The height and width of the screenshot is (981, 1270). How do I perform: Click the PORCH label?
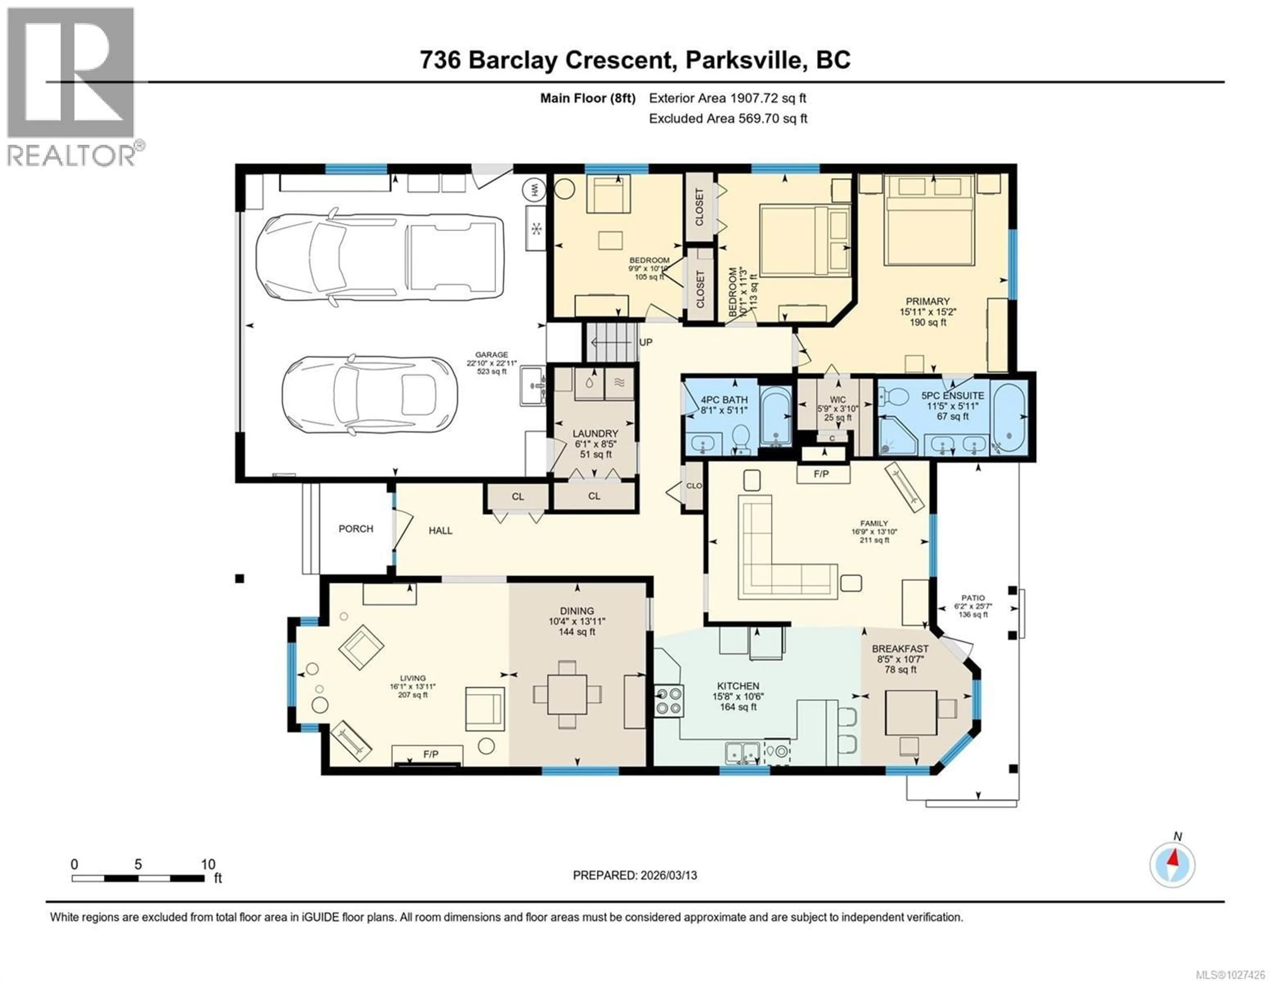356,529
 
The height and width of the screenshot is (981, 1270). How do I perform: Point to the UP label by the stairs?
646,343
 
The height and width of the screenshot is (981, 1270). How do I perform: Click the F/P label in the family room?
821,474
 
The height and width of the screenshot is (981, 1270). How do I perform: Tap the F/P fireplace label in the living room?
430,754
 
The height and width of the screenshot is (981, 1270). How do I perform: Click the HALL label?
440,530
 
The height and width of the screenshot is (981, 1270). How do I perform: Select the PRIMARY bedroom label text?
927,301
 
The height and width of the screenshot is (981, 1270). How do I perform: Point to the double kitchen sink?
742,753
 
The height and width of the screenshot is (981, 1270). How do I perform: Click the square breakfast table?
910,712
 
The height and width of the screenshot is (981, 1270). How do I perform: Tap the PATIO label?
973,598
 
